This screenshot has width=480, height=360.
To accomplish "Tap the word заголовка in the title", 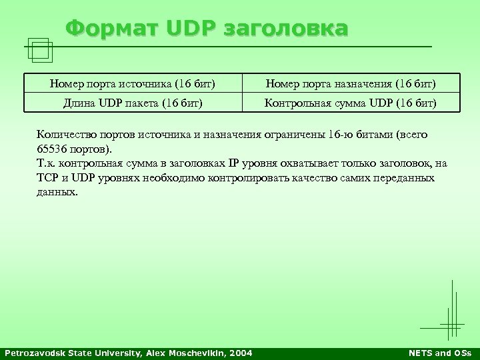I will [x=287, y=29].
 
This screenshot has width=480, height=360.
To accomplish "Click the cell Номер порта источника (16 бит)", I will [x=133, y=84].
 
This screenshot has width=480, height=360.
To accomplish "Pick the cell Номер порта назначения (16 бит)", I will [x=351, y=84].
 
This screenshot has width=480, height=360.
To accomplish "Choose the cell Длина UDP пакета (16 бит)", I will [x=133, y=103].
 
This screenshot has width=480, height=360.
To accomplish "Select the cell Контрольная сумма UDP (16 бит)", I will [x=351, y=103].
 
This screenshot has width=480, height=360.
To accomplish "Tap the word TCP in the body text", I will [x=47, y=178].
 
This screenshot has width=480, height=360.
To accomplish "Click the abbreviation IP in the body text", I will [x=233, y=163].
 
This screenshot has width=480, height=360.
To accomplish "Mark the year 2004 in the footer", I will [x=241, y=353].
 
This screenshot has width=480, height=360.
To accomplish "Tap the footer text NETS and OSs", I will [x=441, y=353].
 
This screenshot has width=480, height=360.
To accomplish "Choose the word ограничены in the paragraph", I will [x=298, y=134].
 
